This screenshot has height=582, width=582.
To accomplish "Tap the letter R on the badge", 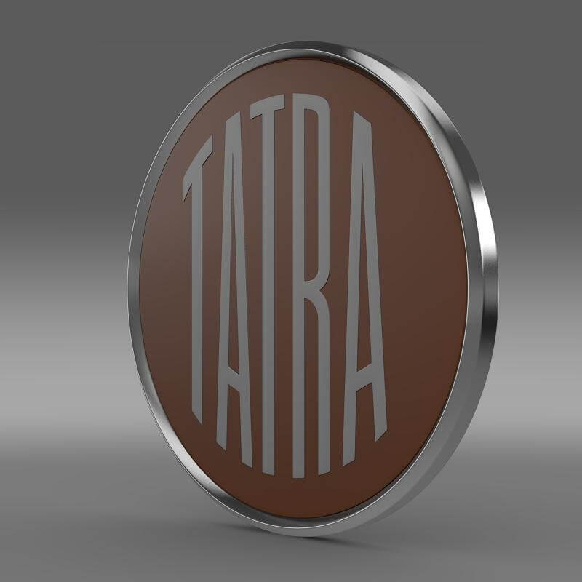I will click(x=318, y=291).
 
